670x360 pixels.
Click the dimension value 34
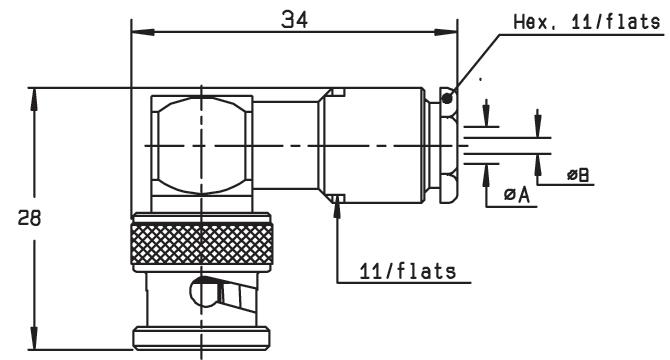pyautogui.click(x=294, y=20)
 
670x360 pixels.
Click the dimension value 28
pyautogui.click(x=29, y=218)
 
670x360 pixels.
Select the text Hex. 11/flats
pyautogui.click(x=587, y=21)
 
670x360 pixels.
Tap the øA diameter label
pyautogui.click(x=517, y=195)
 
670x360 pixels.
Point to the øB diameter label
pyautogui.click(x=578, y=174)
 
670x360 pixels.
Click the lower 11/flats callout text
pyautogui.click(x=408, y=271)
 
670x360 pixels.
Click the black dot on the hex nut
pyautogui.click(x=447, y=99)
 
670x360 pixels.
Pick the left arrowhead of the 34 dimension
pyautogui.click(x=143, y=32)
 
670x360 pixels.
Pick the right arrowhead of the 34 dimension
pyautogui.click(x=446, y=32)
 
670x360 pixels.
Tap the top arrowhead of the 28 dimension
pyautogui.click(x=34, y=99)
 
